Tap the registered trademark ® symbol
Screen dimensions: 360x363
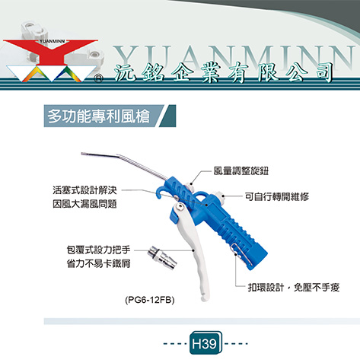(x=99, y=79)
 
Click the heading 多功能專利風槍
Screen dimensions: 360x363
(x=98, y=116)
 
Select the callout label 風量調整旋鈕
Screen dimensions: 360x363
(x=241, y=171)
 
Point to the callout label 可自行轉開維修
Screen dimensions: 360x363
(x=277, y=196)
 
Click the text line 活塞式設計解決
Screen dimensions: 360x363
(x=84, y=190)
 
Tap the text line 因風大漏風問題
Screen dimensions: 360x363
(x=84, y=204)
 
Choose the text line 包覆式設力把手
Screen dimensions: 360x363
(x=98, y=250)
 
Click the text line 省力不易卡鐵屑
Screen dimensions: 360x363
(x=98, y=263)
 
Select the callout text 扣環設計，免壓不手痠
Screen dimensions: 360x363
(x=294, y=288)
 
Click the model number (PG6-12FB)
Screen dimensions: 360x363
(x=150, y=300)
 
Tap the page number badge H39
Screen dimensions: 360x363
(x=205, y=343)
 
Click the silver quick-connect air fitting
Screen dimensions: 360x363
(x=162, y=256)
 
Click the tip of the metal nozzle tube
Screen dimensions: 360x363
(x=82, y=154)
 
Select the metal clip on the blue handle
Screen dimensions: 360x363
(x=242, y=253)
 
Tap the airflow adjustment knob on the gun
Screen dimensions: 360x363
(x=190, y=187)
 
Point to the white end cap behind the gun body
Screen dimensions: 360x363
(x=219, y=199)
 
